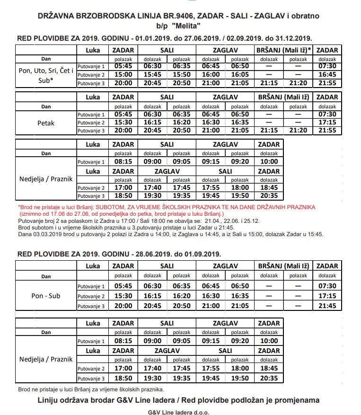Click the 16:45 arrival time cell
pyautogui.click(x=327, y=75)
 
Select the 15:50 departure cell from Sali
pyautogui.click(x=181, y=75)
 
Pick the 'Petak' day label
pyautogui.click(x=46, y=123)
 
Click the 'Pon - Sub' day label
pyautogui.click(x=46, y=296)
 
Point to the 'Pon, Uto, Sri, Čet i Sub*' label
pyautogui.click(x=46, y=75)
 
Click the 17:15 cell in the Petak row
pyautogui.click(x=327, y=122)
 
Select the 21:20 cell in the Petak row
pyautogui.click(x=298, y=131)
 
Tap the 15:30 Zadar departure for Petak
pyautogui.click(x=123, y=122)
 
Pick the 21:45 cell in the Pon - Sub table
pyautogui.click(x=327, y=306)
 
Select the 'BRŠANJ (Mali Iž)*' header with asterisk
pyautogui.click(x=283, y=50)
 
